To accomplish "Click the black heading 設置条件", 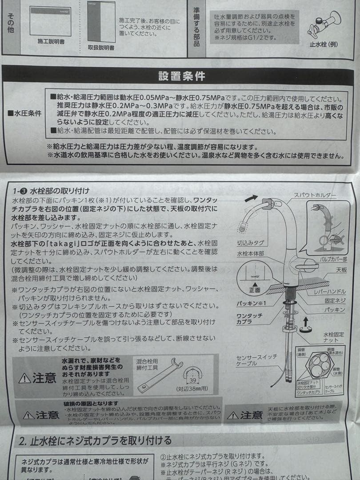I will point(182,76).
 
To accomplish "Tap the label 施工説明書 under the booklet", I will point(51,41).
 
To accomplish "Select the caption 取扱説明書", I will point(101,47).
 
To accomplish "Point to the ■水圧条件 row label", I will point(24,113).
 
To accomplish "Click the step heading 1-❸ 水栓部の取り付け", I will point(51,191).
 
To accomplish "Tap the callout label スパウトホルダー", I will point(315,195).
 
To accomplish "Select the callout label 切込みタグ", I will point(251,243).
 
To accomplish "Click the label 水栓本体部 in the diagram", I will point(250,253).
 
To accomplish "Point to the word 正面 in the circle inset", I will point(255,290).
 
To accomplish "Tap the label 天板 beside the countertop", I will point(341,270).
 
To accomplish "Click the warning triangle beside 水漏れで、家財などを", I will point(25,378).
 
